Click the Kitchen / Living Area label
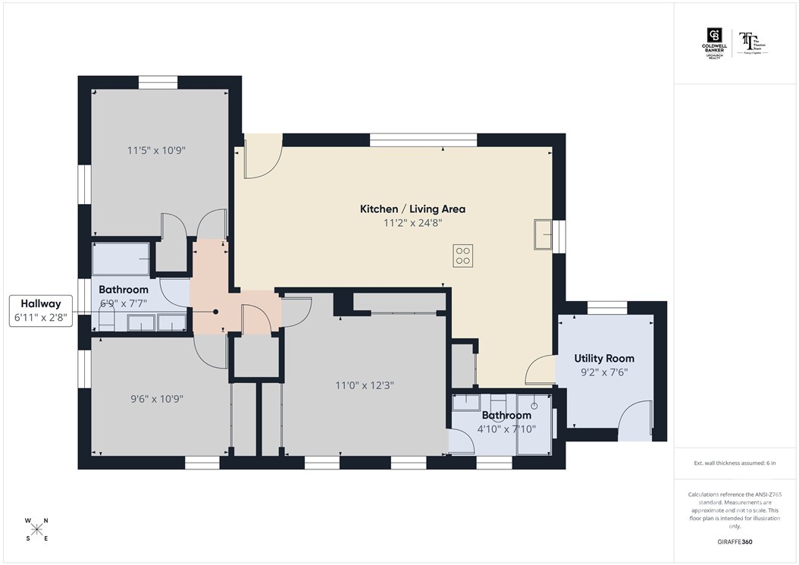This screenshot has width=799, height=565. [412, 209]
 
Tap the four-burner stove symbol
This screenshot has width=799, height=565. [462, 256]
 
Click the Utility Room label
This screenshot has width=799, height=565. [604, 358]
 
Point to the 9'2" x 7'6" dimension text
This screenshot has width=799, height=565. [604, 372]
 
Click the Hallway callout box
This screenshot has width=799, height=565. [41, 312]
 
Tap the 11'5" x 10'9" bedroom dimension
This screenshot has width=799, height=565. [156, 150]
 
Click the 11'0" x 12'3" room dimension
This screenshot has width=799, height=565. [365, 385]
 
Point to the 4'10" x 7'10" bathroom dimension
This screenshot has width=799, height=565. [506, 428]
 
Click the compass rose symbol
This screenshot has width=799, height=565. [37, 529]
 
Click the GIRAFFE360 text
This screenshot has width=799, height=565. [735, 542]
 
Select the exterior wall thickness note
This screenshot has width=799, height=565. [735, 462]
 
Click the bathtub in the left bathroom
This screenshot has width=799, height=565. [121, 259]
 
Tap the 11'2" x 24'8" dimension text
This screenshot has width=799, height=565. [412, 223]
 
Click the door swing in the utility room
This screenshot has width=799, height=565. [634, 421]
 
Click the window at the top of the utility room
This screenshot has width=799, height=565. [606, 307]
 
